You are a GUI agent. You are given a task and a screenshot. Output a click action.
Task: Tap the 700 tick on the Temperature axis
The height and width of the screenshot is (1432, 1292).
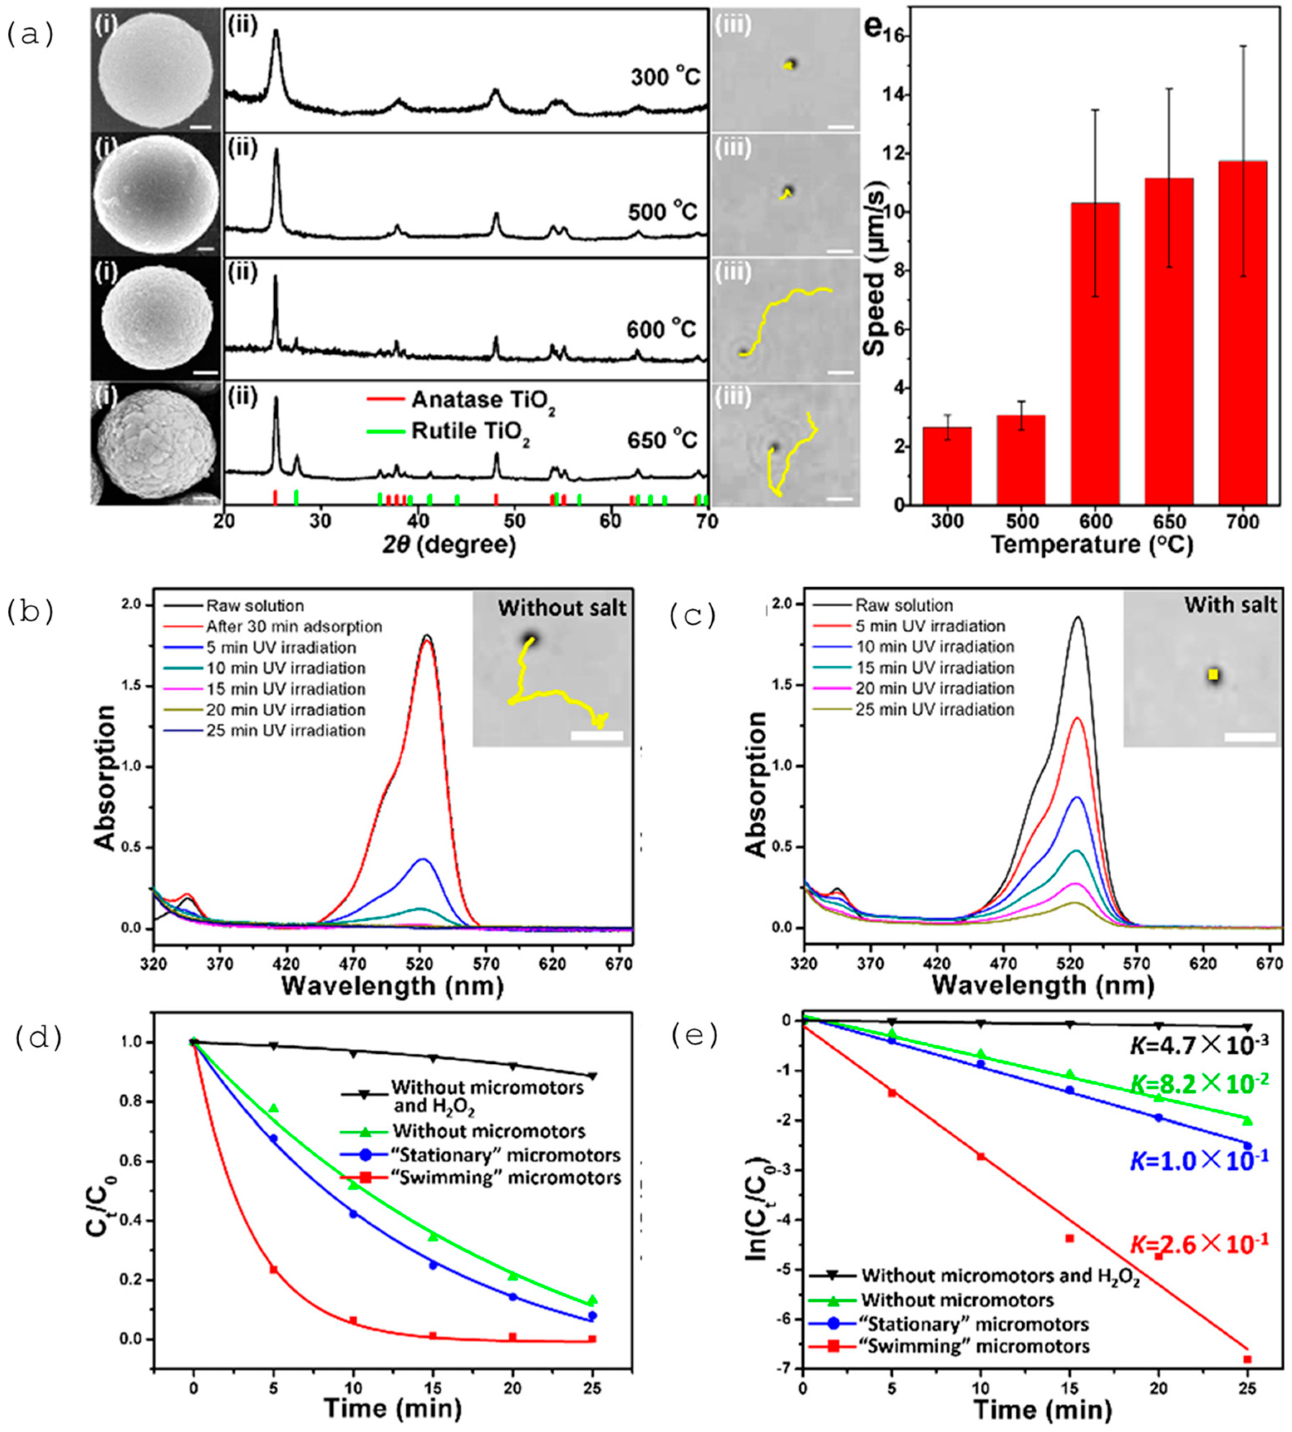(x=1242, y=522)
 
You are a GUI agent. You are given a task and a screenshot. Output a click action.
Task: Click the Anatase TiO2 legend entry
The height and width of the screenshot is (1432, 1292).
(x=483, y=400)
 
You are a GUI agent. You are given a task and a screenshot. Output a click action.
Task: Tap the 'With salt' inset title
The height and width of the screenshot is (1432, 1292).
(x=1230, y=605)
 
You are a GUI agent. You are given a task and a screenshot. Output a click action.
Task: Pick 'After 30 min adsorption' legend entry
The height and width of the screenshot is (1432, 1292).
(x=294, y=627)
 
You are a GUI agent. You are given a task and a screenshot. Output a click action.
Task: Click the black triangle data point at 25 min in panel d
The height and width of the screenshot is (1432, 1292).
(x=593, y=1076)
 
